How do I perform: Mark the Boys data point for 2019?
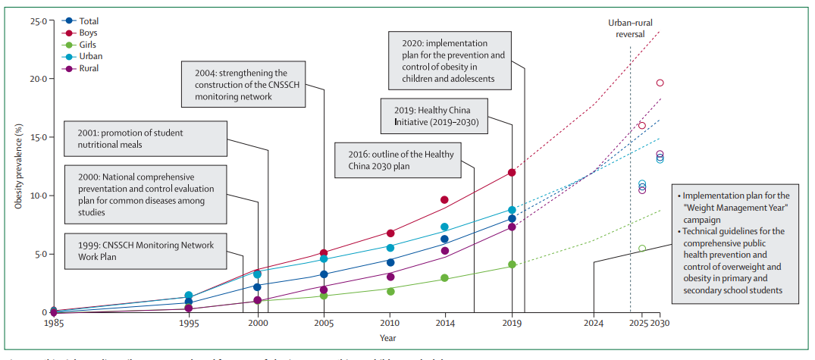[512, 173]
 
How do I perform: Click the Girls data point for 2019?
[512, 265]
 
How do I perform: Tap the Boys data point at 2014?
[445, 200]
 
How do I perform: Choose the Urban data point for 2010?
[390, 248]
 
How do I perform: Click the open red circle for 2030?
[660, 83]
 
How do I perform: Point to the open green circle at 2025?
[642, 249]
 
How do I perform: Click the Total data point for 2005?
[324, 274]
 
